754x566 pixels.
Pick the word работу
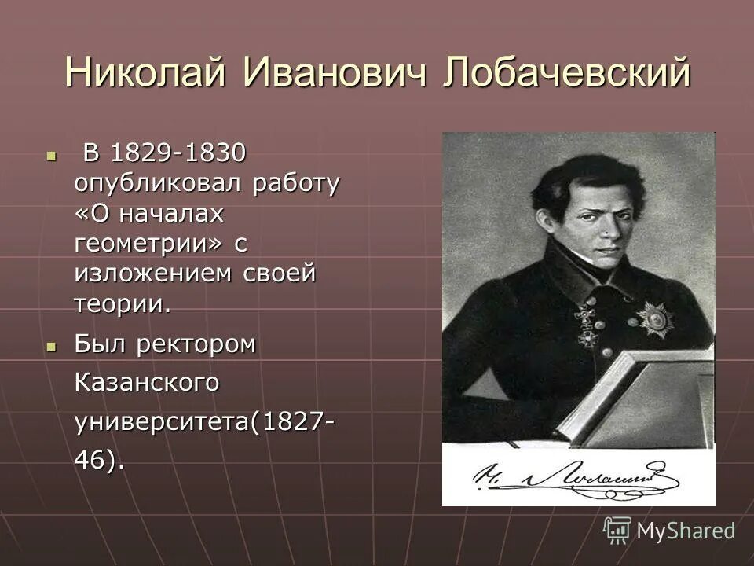(x=295, y=184)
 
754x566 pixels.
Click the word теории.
(x=122, y=304)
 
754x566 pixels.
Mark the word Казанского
(x=145, y=384)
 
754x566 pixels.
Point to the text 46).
(x=99, y=461)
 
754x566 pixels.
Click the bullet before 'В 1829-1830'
(x=53, y=155)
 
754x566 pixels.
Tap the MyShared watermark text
(x=685, y=531)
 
